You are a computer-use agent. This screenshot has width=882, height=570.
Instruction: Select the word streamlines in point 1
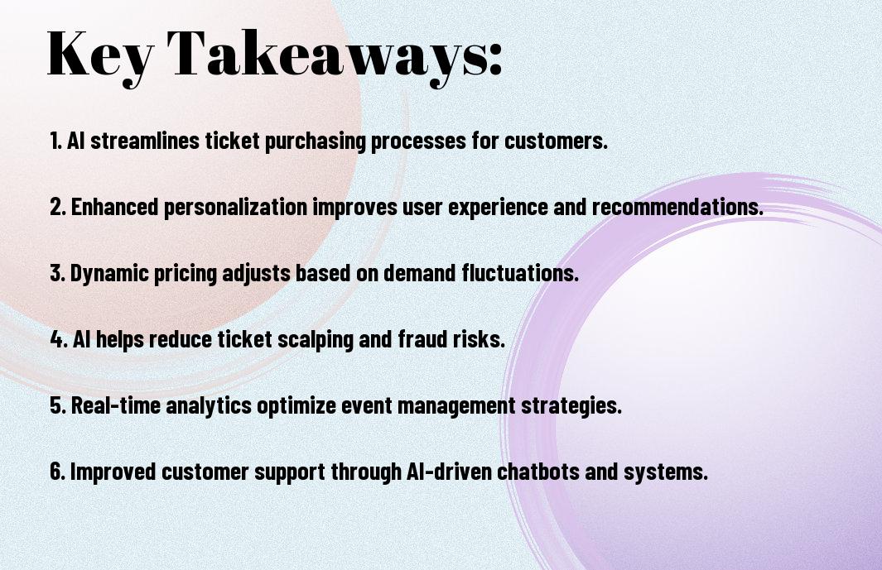pyautogui.click(x=145, y=141)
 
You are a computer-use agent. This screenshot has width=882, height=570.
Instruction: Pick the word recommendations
pyautogui.click(x=677, y=207)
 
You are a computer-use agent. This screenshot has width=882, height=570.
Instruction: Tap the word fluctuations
pyautogui.click(x=520, y=273)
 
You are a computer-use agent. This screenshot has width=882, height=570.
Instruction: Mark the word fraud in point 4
pyautogui.click(x=423, y=339)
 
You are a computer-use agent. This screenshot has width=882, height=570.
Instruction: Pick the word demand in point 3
pyautogui.click(x=420, y=273)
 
